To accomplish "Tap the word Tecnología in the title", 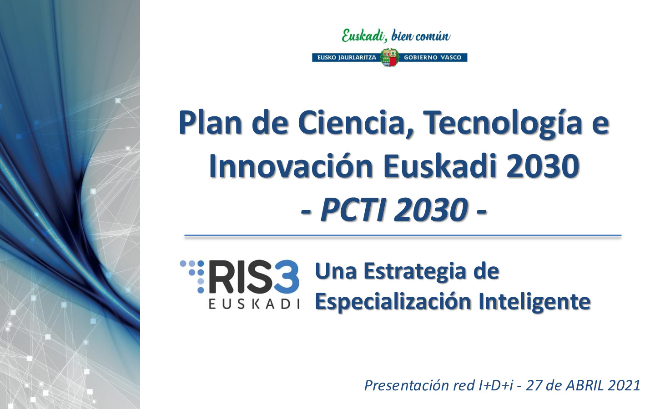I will [503, 124].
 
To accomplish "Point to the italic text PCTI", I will [353, 210].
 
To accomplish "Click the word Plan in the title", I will [211, 123].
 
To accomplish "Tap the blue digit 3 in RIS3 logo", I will [286, 277].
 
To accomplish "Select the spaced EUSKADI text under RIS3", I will [254, 304].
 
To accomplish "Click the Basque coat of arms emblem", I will [390, 58].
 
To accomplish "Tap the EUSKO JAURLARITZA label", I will [347, 58].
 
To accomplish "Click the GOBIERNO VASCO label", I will [433, 58].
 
